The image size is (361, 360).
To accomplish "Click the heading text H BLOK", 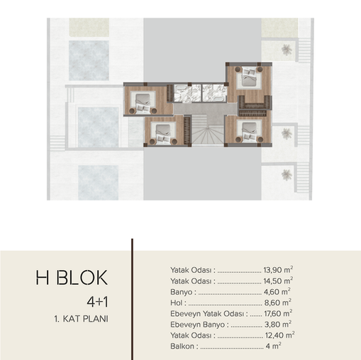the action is (72, 278).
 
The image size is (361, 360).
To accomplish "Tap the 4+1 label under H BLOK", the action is (97, 302).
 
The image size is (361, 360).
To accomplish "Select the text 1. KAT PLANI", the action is (81, 319).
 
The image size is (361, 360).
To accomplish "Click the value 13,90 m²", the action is (278, 270).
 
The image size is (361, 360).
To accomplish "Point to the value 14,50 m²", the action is (278, 281).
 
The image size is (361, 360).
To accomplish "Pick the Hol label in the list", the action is (177, 303).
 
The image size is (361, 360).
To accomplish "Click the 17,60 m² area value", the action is (278, 313).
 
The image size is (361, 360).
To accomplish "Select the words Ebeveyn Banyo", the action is (197, 325).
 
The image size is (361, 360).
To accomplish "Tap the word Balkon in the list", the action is (182, 347).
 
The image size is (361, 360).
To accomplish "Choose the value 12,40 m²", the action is (279, 335).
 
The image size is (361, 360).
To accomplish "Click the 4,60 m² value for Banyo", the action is (277, 292).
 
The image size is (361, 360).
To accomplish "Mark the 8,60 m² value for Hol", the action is (277, 303).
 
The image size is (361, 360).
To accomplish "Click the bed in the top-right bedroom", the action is (249, 77).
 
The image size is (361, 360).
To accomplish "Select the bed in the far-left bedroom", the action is (143, 102).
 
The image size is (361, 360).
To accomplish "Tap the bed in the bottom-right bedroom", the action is (250, 131).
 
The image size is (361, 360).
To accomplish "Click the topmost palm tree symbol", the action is (287, 50).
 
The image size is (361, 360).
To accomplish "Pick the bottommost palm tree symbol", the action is (287, 175).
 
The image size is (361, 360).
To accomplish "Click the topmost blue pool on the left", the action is (89, 60).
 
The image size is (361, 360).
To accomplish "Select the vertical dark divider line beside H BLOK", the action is (132, 299).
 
